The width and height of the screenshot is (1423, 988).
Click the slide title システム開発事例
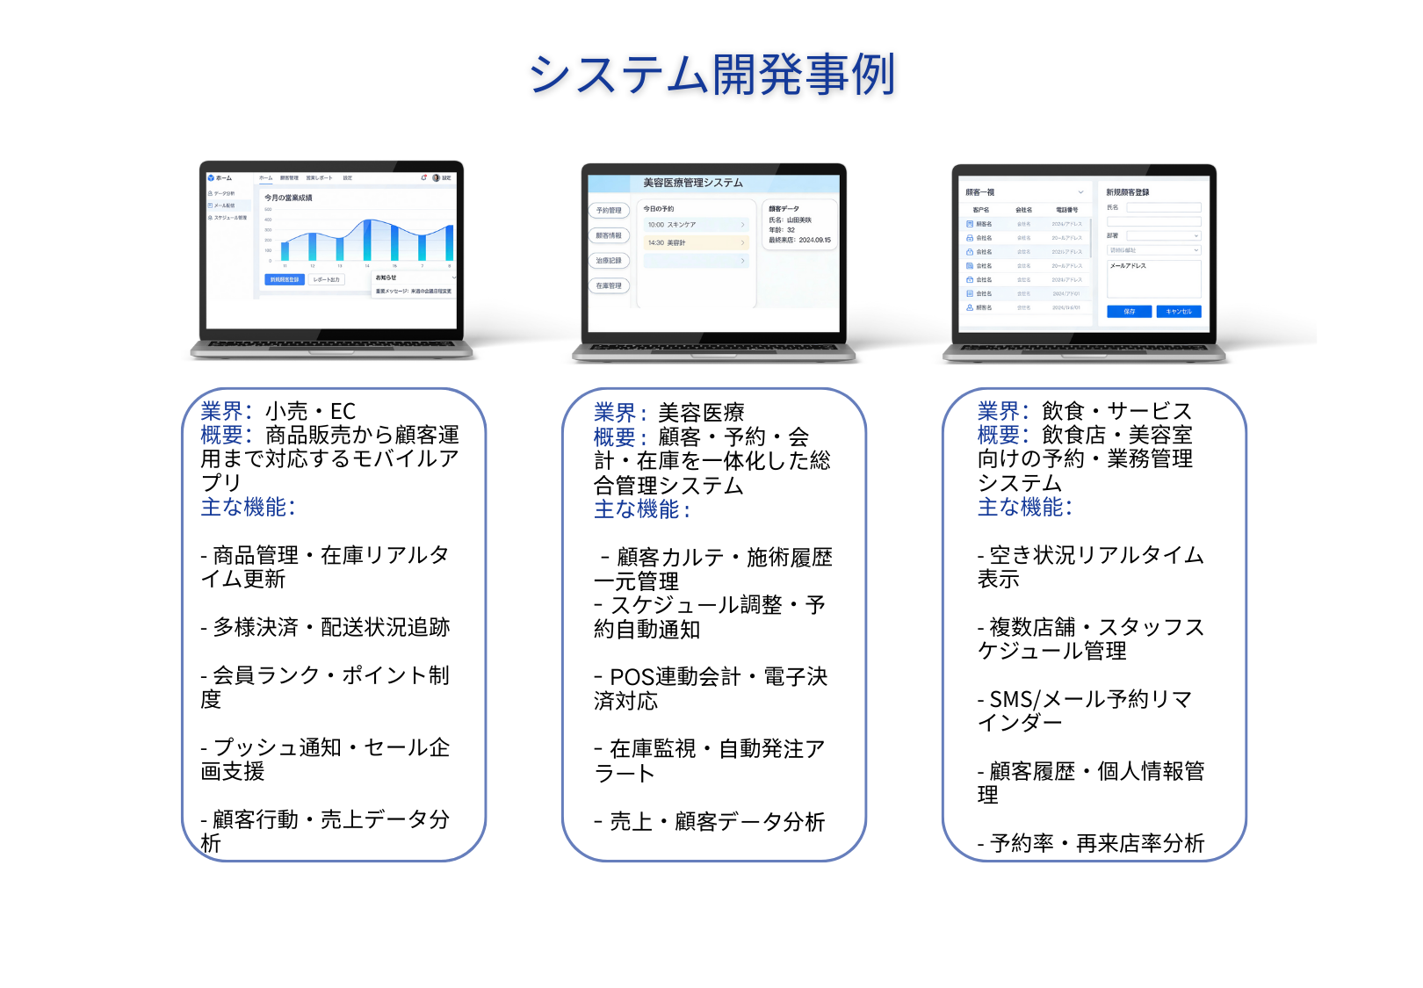(x=711, y=75)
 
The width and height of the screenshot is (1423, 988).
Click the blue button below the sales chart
(x=284, y=279)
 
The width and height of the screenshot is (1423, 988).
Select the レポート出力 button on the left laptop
(x=326, y=279)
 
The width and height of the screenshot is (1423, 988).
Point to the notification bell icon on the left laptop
(x=423, y=178)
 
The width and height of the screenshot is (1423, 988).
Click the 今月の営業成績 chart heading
(x=288, y=198)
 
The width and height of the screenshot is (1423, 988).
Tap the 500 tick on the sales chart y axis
(x=268, y=209)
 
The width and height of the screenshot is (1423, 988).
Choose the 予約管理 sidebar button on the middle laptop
(x=609, y=211)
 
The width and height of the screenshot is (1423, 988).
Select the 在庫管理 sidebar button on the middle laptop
(x=609, y=285)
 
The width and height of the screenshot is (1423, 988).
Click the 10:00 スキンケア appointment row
(x=694, y=225)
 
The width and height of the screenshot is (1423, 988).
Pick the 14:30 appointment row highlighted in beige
(x=694, y=242)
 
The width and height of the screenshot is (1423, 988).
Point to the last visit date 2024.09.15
(x=814, y=240)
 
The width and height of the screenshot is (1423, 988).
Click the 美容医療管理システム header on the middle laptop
(x=692, y=183)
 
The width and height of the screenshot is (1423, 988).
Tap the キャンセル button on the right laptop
(x=1179, y=312)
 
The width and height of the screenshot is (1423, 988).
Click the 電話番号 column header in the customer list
(x=1066, y=210)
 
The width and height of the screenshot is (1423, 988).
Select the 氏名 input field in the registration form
(x=1163, y=208)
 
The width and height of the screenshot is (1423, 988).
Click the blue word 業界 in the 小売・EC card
(x=220, y=411)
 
